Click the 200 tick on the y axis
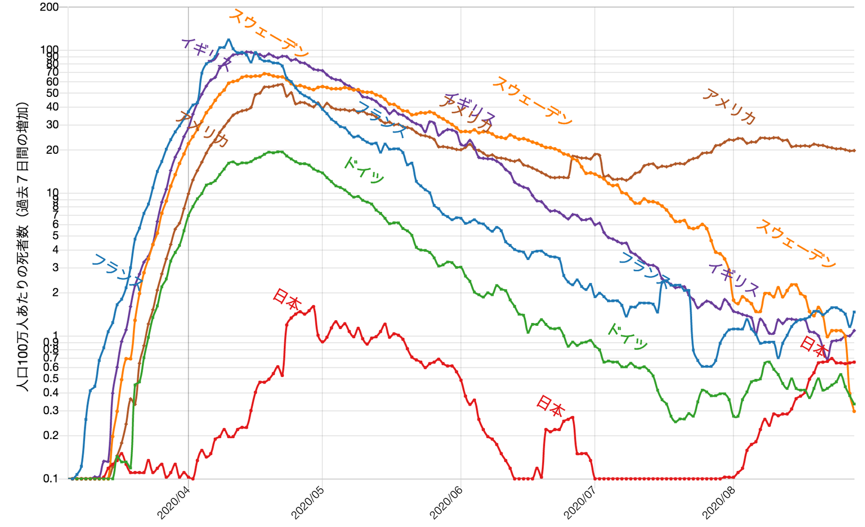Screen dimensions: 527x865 pyautogui.click(x=50, y=7)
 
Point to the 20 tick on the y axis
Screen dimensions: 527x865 pyautogui.click(x=52, y=150)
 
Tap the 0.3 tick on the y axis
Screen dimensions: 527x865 pyautogui.click(x=51, y=410)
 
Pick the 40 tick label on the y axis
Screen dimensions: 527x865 pyautogui.click(x=52, y=107)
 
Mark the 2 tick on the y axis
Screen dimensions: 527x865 pyautogui.click(x=55, y=293)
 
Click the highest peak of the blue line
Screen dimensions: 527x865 pyautogui.click(x=228, y=39)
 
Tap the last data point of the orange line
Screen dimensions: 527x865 pyautogui.click(x=854, y=411)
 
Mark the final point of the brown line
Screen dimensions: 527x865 pyautogui.click(x=854, y=150)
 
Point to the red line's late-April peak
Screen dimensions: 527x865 pyautogui.click(x=313, y=306)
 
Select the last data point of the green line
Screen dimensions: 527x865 pyautogui.click(x=854, y=404)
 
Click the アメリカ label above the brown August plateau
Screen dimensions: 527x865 pyautogui.click(x=729, y=107)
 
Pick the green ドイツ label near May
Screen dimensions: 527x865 pyautogui.click(x=364, y=170)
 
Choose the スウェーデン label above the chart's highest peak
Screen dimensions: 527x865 pyautogui.click(x=269, y=33)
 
